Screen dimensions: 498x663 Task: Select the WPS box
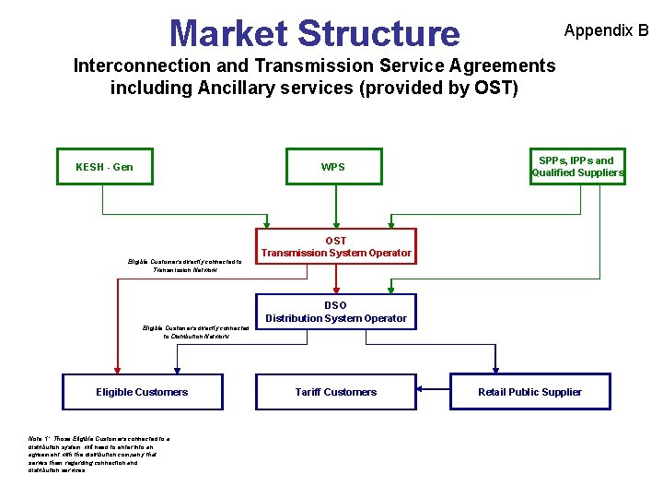pos(332,167)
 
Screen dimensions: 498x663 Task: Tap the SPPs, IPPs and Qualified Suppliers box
pos(577,167)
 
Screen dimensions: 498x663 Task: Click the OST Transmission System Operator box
pos(336,246)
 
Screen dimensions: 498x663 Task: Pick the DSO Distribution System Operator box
pos(336,312)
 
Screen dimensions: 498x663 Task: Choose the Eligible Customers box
pos(142,392)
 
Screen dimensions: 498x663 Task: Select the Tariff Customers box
pos(336,392)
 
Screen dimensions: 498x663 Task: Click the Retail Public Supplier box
pos(529,392)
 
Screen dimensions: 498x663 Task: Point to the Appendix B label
pos(606,30)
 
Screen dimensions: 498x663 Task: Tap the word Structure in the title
pos(378,33)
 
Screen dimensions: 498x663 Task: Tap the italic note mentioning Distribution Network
pos(194,332)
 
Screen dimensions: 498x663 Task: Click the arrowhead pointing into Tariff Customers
pos(421,388)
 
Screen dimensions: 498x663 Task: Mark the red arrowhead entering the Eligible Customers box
pos(116,369)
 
